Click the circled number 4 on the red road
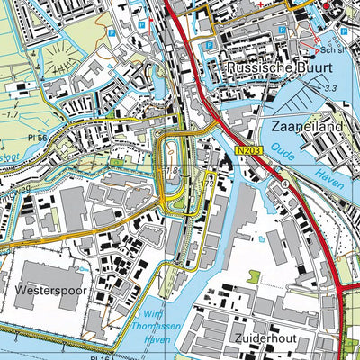284,184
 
